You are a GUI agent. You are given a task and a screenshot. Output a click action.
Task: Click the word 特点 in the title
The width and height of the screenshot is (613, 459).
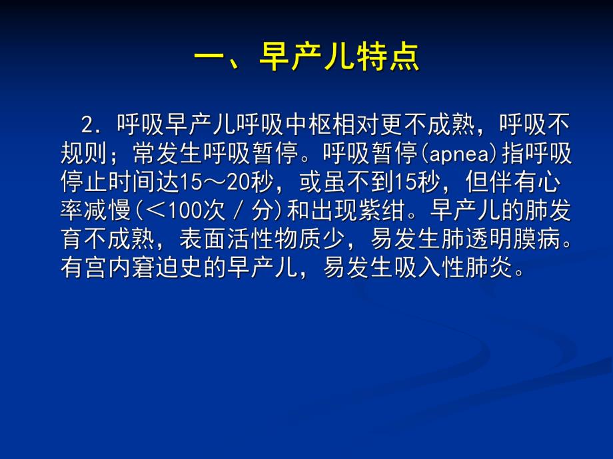394,58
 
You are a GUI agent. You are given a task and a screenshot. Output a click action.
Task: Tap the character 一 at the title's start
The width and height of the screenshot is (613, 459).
209,58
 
